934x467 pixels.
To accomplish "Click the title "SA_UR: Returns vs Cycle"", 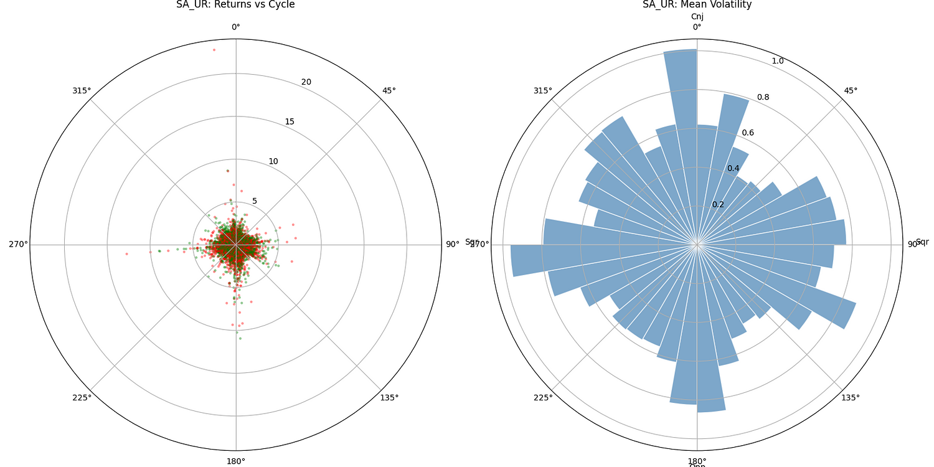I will (235, 5).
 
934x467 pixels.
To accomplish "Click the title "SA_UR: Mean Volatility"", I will (697, 5).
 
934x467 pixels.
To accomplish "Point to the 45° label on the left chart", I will (389, 90).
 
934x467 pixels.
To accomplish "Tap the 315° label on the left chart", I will (82, 90).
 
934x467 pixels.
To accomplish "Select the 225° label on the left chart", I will (82, 398).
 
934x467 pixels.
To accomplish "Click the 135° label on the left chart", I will (389, 398).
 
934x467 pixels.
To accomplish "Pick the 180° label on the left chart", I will (235, 461).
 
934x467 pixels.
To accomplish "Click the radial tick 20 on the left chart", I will (306, 82).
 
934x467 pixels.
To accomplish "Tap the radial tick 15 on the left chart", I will (290, 121).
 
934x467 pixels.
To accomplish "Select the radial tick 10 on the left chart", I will (273, 161).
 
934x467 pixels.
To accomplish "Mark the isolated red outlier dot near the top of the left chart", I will (214, 50).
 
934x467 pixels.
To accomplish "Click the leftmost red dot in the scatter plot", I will (126, 253).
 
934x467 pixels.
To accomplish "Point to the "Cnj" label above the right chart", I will (697, 17).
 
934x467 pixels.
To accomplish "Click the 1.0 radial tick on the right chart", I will (778, 61).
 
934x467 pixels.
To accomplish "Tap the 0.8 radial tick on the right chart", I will (763, 97).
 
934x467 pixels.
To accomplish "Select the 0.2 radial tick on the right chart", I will (718, 204).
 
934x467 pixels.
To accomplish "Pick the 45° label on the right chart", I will (851, 90).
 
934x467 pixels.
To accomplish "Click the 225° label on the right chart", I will (543, 398).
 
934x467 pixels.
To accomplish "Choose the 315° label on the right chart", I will (543, 90).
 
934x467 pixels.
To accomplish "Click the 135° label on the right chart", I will (851, 398).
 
